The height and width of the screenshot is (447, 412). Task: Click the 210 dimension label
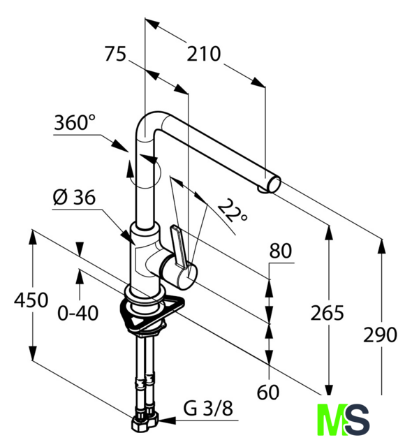(203, 54)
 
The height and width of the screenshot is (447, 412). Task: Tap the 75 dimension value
(115, 54)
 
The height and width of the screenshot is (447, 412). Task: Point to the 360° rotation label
(75, 123)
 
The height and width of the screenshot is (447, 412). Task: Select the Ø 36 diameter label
(74, 197)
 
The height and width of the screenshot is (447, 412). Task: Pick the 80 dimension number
(281, 251)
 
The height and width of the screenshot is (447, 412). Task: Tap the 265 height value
(327, 313)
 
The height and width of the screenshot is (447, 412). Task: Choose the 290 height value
(380, 335)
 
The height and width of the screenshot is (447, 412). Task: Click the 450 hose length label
(31, 300)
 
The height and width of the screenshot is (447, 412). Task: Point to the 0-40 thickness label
(78, 313)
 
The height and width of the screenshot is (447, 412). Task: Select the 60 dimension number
(268, 393)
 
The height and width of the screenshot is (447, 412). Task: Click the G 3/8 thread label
(207, 409)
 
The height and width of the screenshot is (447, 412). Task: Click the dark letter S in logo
(358, 420)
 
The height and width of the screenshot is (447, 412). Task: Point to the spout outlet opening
(274, 184)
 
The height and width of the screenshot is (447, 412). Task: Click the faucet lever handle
(179, 247)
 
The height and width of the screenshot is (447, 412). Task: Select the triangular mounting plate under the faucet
(151, 314)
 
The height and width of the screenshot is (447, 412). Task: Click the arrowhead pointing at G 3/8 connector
(166, 420)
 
